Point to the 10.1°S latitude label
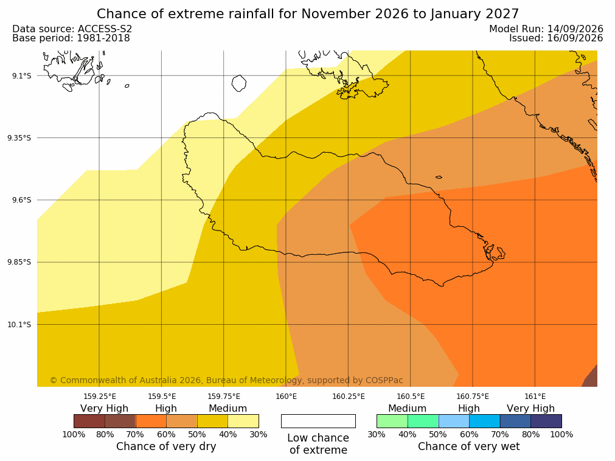click(x=19, y=325)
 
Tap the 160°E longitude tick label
click(x=287, y=397)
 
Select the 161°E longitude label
click(x=535, y=397)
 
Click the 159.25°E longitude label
click(x=100, y=397)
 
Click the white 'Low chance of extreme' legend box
click(x=319, y=421)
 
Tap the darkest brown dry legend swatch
click(x=89, y=421)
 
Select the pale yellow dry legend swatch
click(x=243, y=421)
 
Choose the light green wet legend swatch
click(x=392, y=421)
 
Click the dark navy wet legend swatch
click(x=546, y=421)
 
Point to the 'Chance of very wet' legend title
click(x=469, y=446)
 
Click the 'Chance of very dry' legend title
click(x=166, y=446)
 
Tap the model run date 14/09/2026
click(x=575, y=29)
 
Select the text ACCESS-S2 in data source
click(x=105, y=29)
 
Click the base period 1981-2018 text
click(x=103, y=38)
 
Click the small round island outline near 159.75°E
click(x=239, y=83)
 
